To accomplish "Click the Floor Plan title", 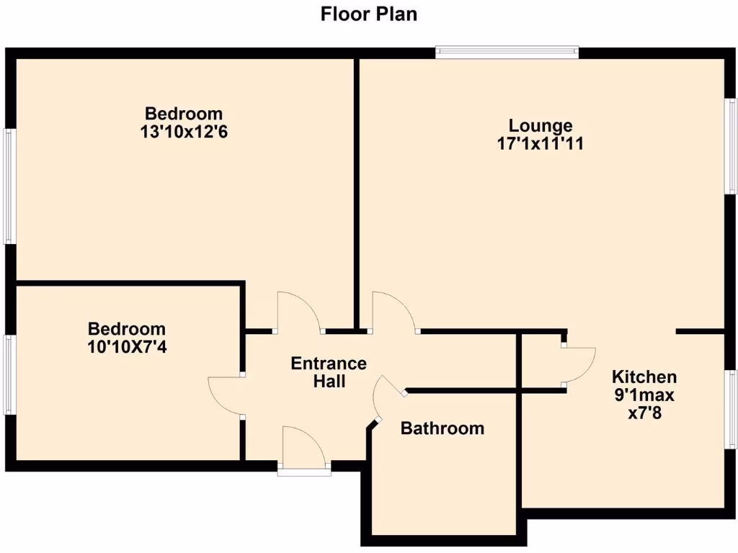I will pos(368,14).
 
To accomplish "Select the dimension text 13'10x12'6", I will pos(184,132).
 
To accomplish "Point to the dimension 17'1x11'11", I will pos(540,143).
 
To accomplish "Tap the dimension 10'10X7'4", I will pos(127,347).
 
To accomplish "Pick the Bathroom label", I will pos(442,428).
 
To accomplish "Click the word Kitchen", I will pos(644,377).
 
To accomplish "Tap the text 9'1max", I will pos(644,395).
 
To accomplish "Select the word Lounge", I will pos(540,125).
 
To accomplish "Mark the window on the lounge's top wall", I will pos(507,52).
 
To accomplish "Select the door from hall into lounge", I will pos(393,313).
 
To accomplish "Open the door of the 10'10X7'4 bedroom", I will pos(226,395).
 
